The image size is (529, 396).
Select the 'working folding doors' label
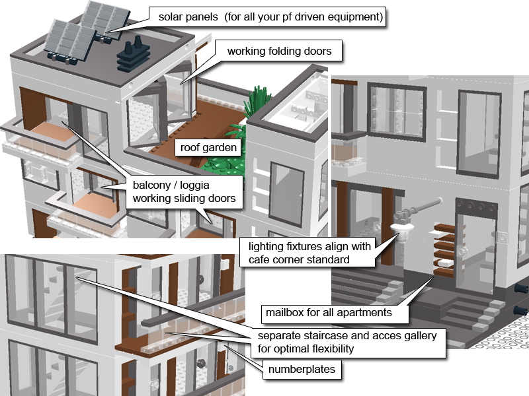pos(278,51)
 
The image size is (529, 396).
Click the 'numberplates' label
pos(302,370)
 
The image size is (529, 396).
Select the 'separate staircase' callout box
pos(346,342)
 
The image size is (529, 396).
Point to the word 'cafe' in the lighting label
pos(261,259)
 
